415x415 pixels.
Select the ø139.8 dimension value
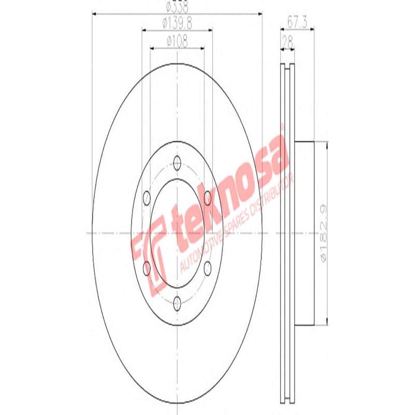177,23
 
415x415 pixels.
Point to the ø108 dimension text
177,39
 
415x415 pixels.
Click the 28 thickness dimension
287,40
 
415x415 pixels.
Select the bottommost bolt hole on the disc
177,302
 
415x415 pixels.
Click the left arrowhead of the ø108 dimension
152,48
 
